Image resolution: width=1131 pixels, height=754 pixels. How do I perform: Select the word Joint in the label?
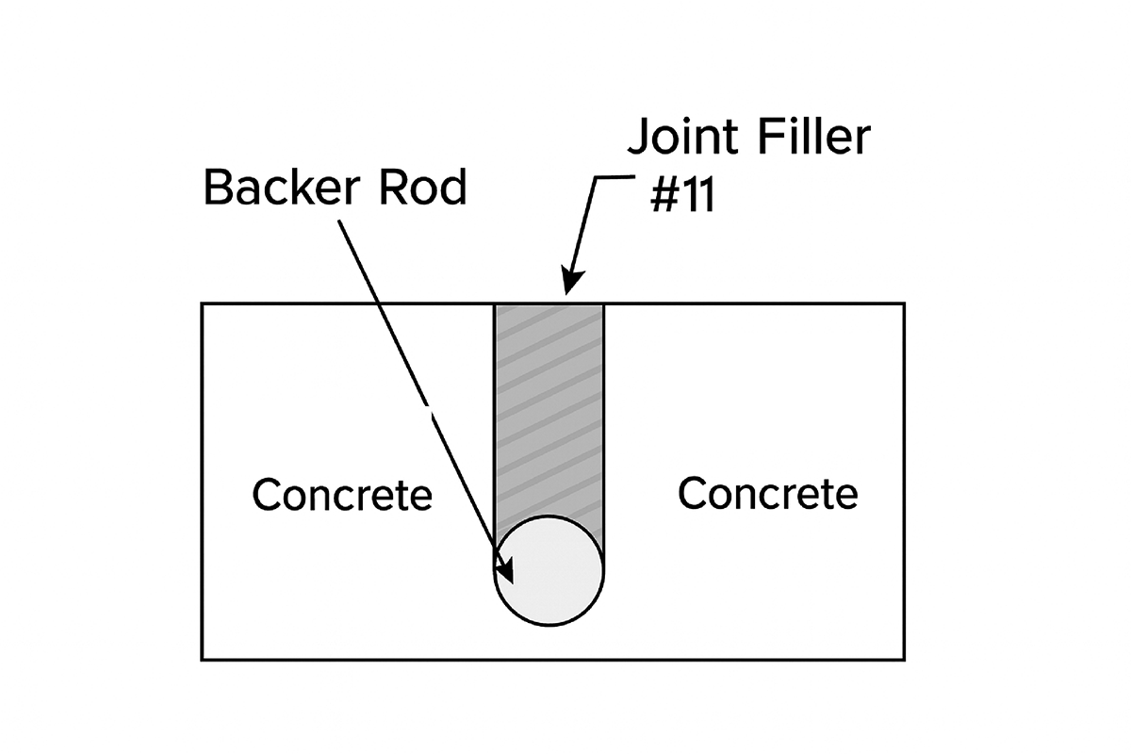click(684, 138)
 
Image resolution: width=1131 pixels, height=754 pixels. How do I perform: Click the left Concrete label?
click(341, 495)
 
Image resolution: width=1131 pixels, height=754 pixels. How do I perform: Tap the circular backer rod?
click(549, 570)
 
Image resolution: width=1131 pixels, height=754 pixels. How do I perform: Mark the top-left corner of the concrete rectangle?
click(202, 303)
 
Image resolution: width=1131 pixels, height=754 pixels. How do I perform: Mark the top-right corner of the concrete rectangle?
click(905, 303)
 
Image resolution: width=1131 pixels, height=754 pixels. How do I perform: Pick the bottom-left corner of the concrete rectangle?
click(202, 659)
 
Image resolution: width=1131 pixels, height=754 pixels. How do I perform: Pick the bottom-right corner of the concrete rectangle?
click(905, 659)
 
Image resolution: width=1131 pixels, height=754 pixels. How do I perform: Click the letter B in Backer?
click(217, 188)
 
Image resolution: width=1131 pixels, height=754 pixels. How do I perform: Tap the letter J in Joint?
click(638, 138)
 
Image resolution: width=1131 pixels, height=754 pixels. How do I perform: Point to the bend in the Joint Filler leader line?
click(598, 177)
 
